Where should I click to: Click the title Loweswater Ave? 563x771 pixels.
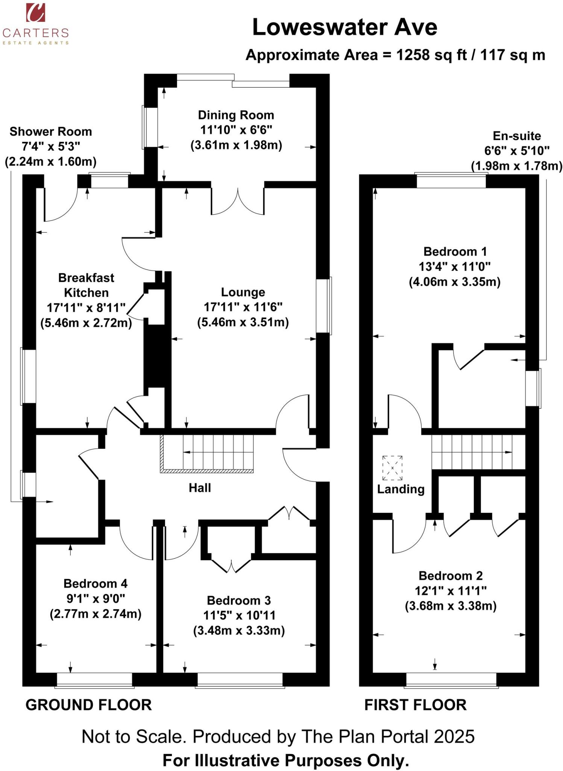tap(344, 27)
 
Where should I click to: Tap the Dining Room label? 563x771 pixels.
tap(236, 115)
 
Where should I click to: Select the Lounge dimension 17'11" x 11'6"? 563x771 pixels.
tap(243, 307)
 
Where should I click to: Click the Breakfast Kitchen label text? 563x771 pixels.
tap(86, 285)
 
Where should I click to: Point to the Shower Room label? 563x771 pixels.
tap(51, 132)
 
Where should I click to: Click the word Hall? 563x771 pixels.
tap(200, 488)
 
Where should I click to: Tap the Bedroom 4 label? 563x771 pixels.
tap(96, 584)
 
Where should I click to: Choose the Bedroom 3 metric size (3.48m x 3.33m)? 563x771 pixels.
tap(239, 630)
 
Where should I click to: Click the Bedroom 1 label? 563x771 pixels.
tap(455, 251)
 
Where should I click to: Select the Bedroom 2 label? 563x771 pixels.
tap(451, 576)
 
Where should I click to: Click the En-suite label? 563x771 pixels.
tap(517, 136)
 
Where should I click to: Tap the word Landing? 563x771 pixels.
tap(401, 489)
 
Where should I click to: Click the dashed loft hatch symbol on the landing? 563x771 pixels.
tap(392, 468)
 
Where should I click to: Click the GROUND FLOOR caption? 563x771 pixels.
tap(88, 705)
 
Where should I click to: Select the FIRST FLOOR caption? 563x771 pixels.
tap(415, 705)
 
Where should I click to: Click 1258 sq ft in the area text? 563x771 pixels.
tap(431, 55)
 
